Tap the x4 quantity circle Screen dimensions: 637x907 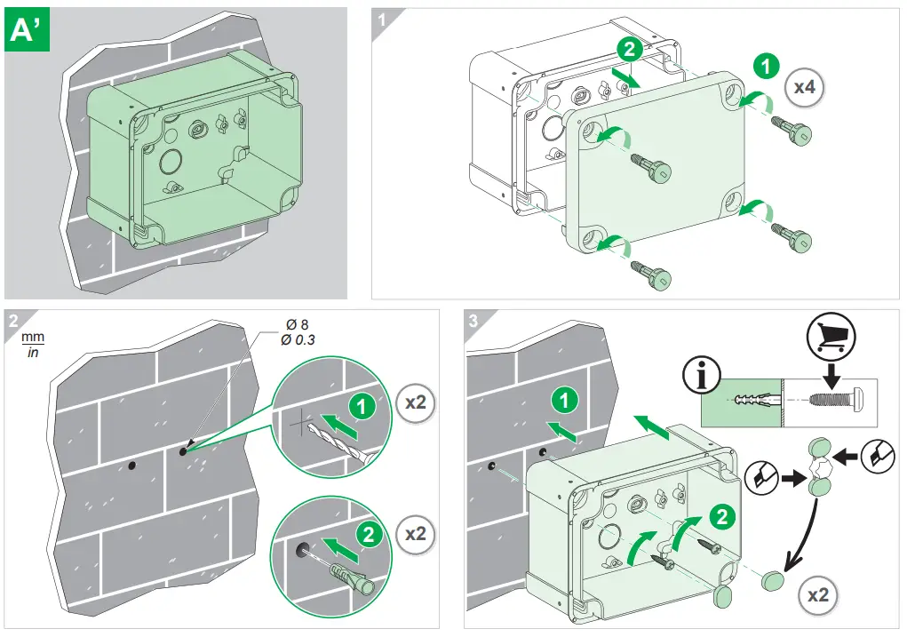pos(805,86)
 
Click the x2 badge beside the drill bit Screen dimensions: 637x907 pos(415,402)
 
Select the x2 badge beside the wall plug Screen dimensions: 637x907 pos(415,535)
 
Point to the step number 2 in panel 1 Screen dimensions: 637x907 pos(629,50)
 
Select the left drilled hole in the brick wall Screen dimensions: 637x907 pos(131,465)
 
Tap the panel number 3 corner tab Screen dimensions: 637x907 pos(473,320)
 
